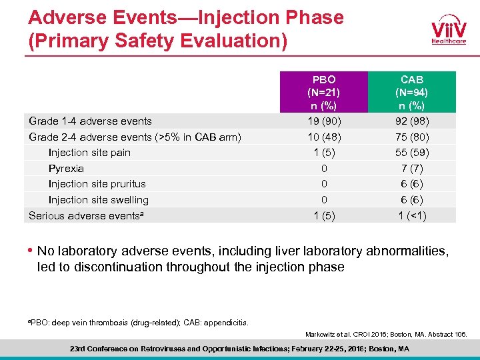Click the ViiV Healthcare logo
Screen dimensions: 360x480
click(x=448, y=31)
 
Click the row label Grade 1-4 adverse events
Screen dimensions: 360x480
click(x=90, y=121)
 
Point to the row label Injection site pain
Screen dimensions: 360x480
click(x=89, y=152)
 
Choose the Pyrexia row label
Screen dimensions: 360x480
click(x=66, y=169)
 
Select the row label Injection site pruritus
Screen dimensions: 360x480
click(x=97, y=183)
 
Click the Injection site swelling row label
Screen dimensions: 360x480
click(x=99, y=199)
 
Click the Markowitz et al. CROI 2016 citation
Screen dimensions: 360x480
click(x=386, y=333)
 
